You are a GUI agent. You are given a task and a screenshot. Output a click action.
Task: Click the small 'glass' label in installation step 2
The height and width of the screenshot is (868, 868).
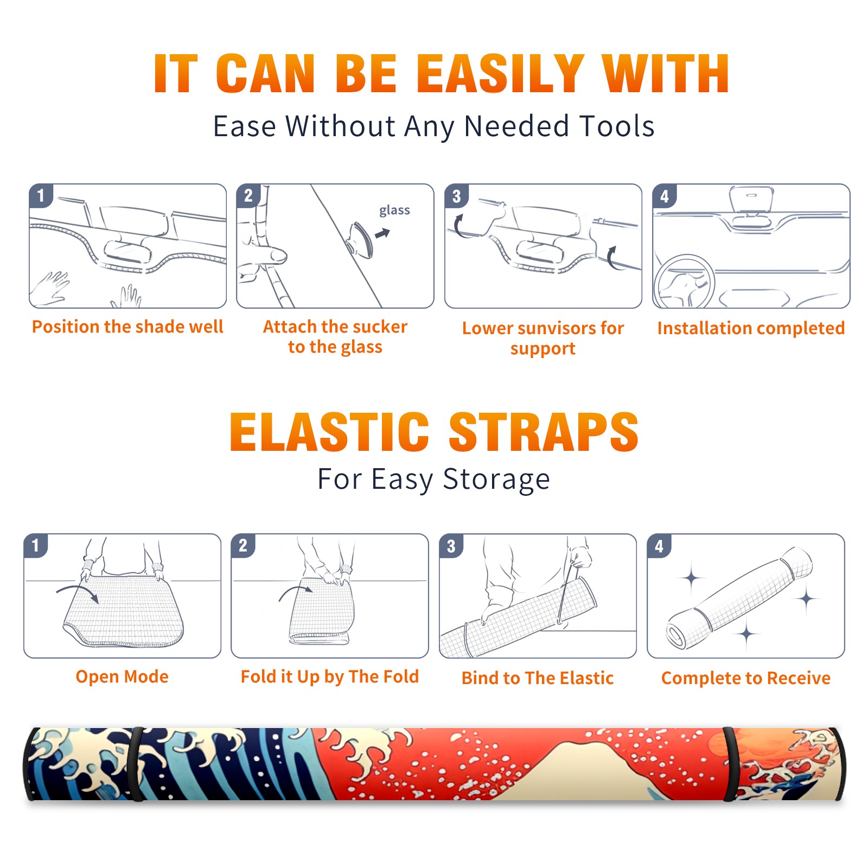(x=394, y=210)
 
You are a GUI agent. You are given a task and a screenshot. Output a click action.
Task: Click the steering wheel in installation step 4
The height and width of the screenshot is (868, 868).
(x=684, y=282)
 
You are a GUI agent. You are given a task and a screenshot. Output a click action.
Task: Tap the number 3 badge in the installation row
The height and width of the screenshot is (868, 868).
(x=456, y=196)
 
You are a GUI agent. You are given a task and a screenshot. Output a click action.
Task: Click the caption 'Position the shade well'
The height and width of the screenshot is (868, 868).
(x=127, y=327)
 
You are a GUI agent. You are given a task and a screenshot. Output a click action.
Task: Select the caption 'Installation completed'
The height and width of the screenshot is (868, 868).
(x=751, y=328)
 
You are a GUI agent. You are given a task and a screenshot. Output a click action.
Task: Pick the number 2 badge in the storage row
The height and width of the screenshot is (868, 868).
(x=243, y=545)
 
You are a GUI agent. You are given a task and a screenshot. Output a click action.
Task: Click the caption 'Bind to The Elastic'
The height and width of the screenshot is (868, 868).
(x=537, y=678)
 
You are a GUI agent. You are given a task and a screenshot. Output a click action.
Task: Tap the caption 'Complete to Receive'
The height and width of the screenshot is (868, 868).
(x=745, y=678)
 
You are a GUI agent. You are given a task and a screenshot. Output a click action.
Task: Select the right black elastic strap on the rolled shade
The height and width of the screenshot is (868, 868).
(x=730, y=764)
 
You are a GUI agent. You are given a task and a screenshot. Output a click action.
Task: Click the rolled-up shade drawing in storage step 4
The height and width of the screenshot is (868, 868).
(x=739, y=597)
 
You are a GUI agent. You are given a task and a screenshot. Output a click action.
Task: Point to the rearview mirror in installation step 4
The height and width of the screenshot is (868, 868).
(x=751, y=200)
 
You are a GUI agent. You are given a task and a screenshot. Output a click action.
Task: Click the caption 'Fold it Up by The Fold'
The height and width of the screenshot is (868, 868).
(x=329, y=677)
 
